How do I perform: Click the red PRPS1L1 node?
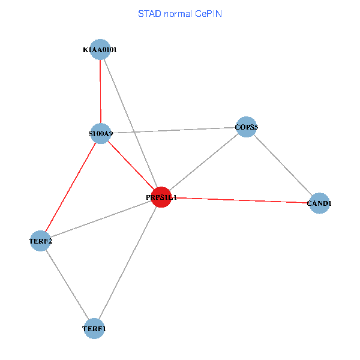pyautogui.click(x=161, y=197)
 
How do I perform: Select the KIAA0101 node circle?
pyautogui.click(x=100, y=49)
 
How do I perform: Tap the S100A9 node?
pyautogui.click(x=101, y=133)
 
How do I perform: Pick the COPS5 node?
pyautogui.click(x=246, y=127)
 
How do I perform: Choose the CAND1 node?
pyautogui.click(x=319, y=203)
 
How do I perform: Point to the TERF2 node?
pyautogui.click(x=40, y=241)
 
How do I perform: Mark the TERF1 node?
pyautogui.click(x=94, y=328)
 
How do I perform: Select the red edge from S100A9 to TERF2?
pyautogui.click(x=71, y=187)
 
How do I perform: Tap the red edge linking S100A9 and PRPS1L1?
pyautogui.click(x=131, y=165)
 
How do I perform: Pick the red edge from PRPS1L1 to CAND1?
pyautogui.click(x=240, y=200)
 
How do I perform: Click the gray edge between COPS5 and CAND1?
pyautogui.click(x=283, y=165)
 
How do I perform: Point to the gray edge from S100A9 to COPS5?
pyautogui.click(x=173, y=130)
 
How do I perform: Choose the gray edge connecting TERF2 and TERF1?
pyautogui.click(x=67, y=284)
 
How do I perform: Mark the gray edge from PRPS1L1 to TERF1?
pyautogui.click(x=128, y=263)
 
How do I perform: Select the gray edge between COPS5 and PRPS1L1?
pyautogui.click(x=203, y=162)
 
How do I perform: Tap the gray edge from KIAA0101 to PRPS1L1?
pyautogui.click(x=130, y=123)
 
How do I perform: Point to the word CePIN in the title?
pyautogui.click(x=208, y=13)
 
